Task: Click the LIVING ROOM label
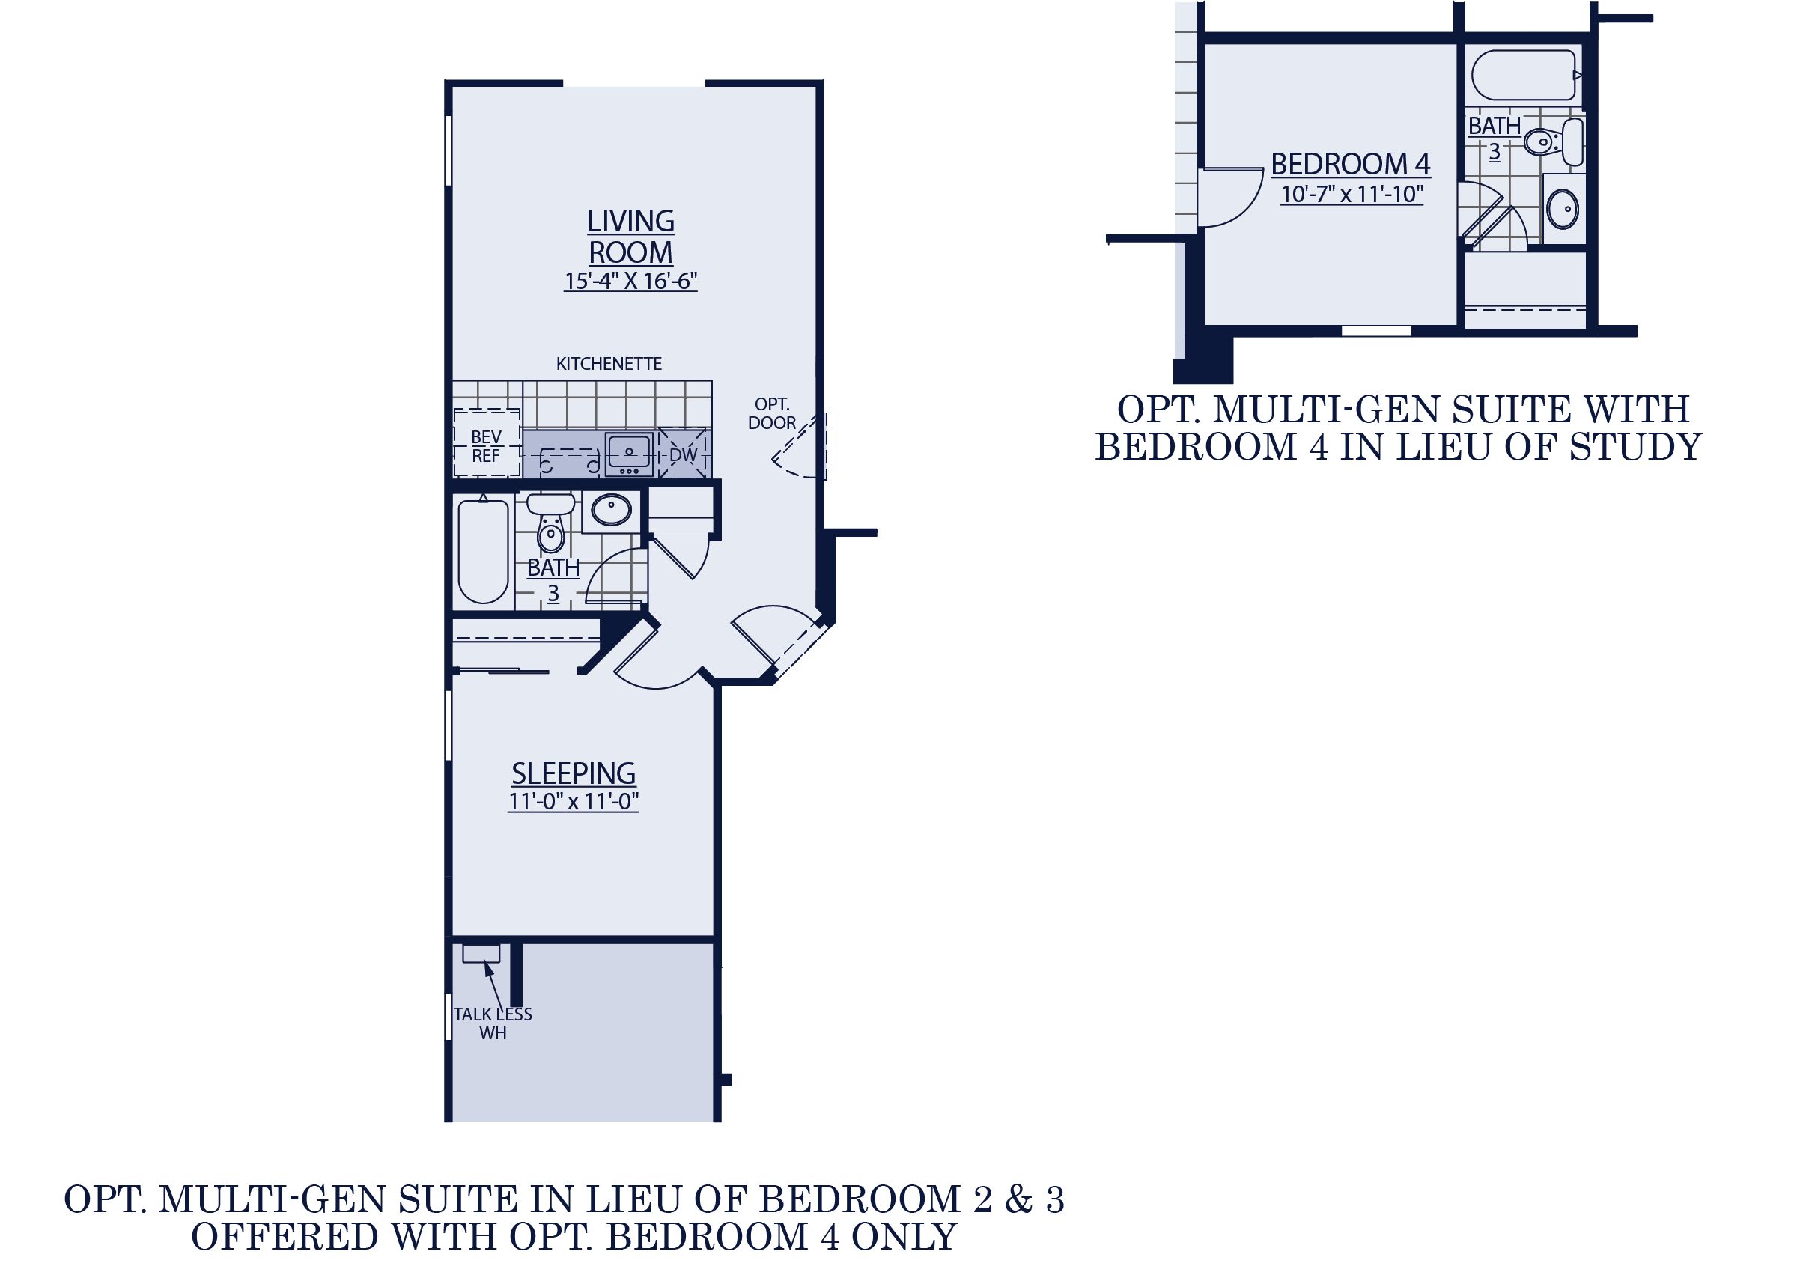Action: (630, 236)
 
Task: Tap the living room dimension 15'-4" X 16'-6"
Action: (630, 281)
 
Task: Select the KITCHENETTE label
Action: (608, 364)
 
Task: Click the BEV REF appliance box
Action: (487, 445)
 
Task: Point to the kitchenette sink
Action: (628, 454)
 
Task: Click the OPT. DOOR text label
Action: (771, 413)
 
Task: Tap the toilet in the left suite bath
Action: (550, 526)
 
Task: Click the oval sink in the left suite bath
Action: (612, 510)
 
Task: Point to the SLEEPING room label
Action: (574, 773)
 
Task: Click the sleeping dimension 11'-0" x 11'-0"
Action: (574, 802)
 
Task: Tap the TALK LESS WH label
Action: (493, 1023)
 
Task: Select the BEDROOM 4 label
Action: (1351, 164)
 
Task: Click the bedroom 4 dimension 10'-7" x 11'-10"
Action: (1352, 194)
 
